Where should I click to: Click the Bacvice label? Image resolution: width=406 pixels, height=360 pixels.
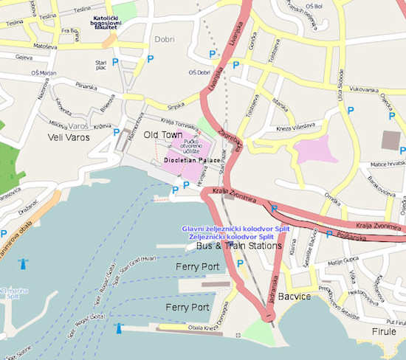pyautogui.click(x=313, y=295)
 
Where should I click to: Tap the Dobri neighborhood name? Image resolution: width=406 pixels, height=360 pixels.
pyautogui.click(x=164, y=39)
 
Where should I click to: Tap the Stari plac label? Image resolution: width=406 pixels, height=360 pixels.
pyautogui.click(x=103, y=57)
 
